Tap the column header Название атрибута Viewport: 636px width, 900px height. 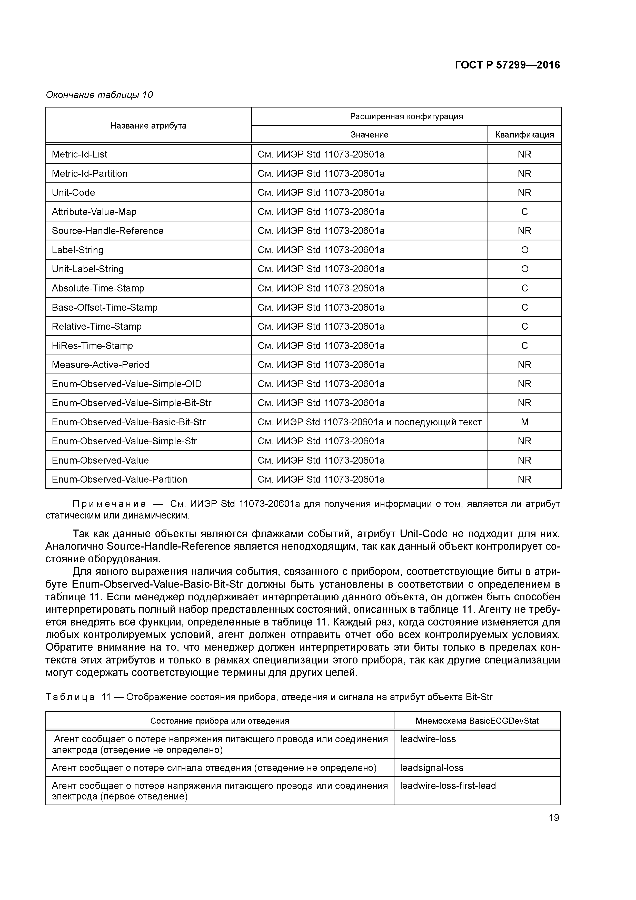click(148, 126)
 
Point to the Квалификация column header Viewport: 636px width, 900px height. click(524, 135)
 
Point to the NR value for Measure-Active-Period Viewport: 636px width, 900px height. click(524, 365)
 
